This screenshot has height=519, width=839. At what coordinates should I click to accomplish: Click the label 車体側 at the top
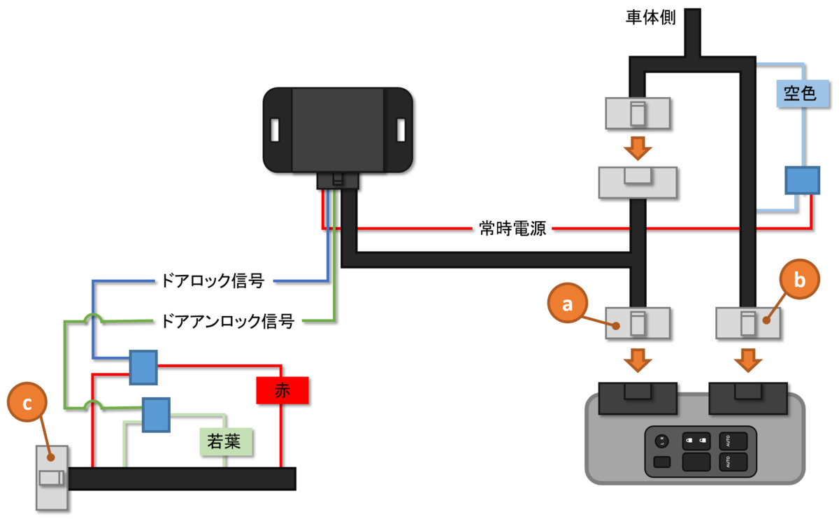tap(650, 18)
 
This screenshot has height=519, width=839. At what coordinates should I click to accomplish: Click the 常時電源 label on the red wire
tap(512, 229)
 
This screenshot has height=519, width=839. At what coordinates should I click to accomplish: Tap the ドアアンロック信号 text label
tap(227, 322)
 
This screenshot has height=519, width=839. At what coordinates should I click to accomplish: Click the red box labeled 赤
tap(282, 392)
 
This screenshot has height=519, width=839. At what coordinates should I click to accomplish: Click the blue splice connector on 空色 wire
tap(801, 180)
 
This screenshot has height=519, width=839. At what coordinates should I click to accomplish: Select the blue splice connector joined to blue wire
tap(143, 367)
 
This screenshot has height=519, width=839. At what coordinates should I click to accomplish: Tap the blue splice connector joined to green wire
tap(156, 415)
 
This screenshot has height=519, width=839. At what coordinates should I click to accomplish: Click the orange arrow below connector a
tap(636, 362)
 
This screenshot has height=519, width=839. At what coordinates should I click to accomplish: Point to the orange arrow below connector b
tap(747, 362)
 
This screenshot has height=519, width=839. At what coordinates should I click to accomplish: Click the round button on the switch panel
tap(661, 441)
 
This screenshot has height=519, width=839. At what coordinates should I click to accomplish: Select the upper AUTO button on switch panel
tap(733, 442)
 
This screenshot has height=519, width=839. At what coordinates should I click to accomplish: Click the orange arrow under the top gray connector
tap(636, 148)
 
